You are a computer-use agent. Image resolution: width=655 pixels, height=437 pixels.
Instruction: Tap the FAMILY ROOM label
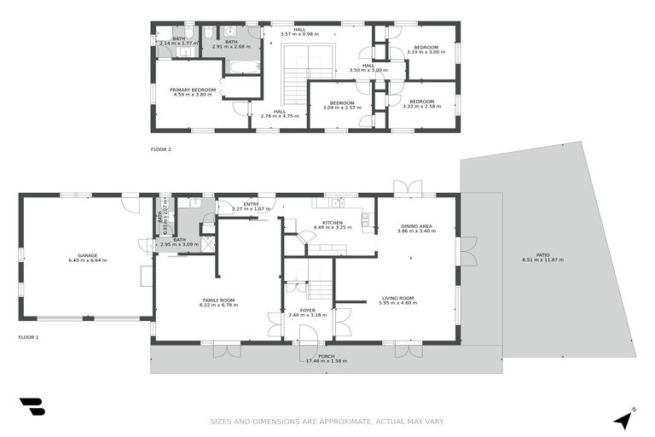click(x=218, y=300)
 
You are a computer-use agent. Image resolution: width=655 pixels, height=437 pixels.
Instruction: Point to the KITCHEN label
click(x=332, y=223)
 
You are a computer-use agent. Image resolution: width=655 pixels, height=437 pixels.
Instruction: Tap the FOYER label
click(x=308, y=310)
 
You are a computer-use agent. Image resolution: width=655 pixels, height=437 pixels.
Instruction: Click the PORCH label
click(x=326, y=356)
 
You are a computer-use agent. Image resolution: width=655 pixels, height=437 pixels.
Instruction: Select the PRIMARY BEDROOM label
click(x=192, y=90)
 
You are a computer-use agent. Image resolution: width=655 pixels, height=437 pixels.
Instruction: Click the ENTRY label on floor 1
click(x=251, y=204)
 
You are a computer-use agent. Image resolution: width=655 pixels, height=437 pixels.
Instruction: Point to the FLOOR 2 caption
click(x=161, y=149)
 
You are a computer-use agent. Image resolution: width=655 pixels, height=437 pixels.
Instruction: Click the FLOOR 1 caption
click(x=29, y=337)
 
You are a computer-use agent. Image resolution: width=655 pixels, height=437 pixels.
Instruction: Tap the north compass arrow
click(x=625, y=418)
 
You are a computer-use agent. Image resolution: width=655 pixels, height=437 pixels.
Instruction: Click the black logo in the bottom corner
click(x=32, y=407)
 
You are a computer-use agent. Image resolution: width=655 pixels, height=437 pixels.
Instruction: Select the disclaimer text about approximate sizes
click(x=327, y=422)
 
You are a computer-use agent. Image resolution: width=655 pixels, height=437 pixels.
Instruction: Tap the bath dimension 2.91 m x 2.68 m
click(x=231, y=46)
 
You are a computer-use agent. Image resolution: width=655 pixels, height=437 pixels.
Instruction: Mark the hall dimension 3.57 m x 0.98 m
click(x=299, y=35)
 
